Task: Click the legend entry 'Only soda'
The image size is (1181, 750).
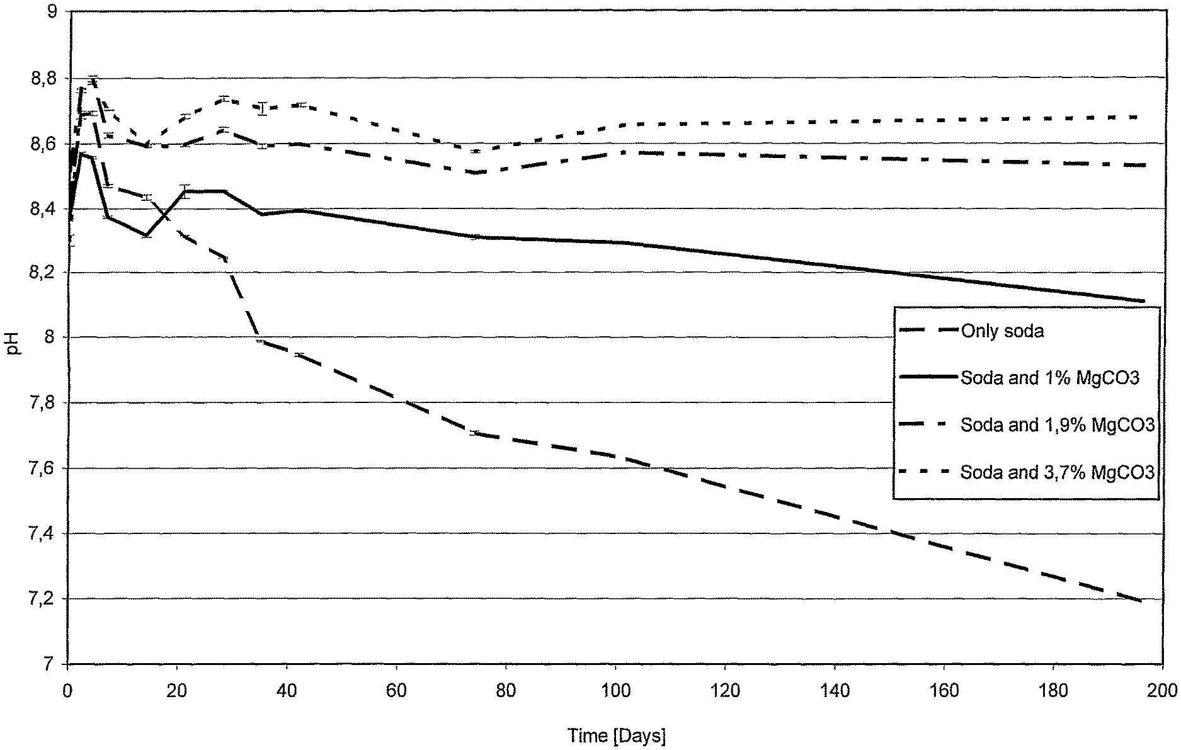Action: pyautogui.click(x=1002, y=331)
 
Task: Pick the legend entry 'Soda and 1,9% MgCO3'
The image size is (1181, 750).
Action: pyautogui.click(x=1058, y=426)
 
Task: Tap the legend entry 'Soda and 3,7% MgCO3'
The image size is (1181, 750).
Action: pyautogui.click(x=1058, y=472)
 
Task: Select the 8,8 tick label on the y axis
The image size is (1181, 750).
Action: pyautogui.click(x=47, y=78)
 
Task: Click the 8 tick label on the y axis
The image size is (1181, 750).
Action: pyautogui.click(x=53, y=338)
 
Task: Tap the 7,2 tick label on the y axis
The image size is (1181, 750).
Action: pyautogui.click(x=47, y=599)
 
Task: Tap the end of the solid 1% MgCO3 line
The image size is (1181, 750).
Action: pyautogui.click(x=1142, y=301)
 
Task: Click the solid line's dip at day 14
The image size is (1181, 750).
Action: pyautogui.click(x=146, y=236)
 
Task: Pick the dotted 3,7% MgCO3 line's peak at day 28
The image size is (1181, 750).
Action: pyautogui.click(x=224, y=99)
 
